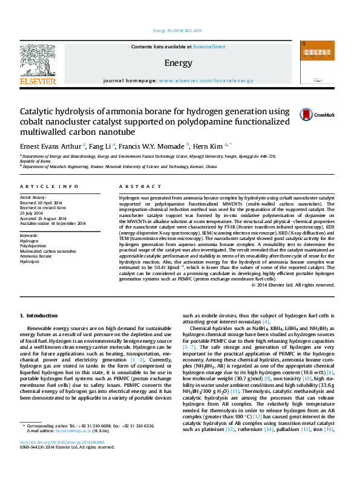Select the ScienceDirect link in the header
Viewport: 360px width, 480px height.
[x=209, y=47]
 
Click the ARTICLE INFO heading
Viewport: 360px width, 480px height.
[x=48, y=187]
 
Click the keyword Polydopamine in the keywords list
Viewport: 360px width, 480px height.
[x=33, y=246]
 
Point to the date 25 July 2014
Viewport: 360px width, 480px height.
[x=33, y=213]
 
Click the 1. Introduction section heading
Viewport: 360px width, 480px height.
[x=39, y=316]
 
